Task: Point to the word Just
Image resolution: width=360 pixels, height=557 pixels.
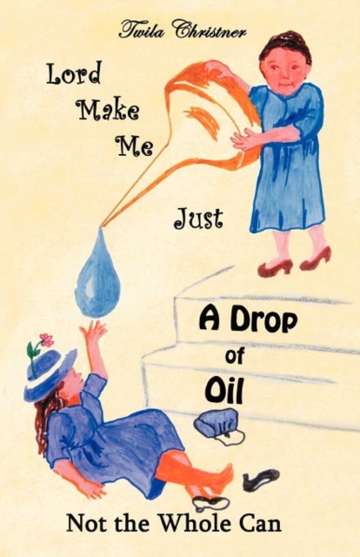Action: coord(198,218)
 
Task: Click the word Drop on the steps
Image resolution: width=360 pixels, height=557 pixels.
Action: coord(264,321)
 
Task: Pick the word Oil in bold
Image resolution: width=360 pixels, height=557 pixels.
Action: coord(224,392)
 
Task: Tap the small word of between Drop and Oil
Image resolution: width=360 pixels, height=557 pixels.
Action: coord(234,356)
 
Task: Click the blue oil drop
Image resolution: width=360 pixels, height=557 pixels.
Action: coord(97,277)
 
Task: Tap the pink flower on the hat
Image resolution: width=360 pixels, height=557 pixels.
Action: coord(46,339)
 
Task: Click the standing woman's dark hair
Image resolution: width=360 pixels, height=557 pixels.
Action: coord(286,44)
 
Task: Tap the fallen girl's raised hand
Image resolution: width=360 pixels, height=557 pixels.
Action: coord(92,330)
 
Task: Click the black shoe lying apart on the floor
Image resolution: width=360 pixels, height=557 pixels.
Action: coord(261,480)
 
